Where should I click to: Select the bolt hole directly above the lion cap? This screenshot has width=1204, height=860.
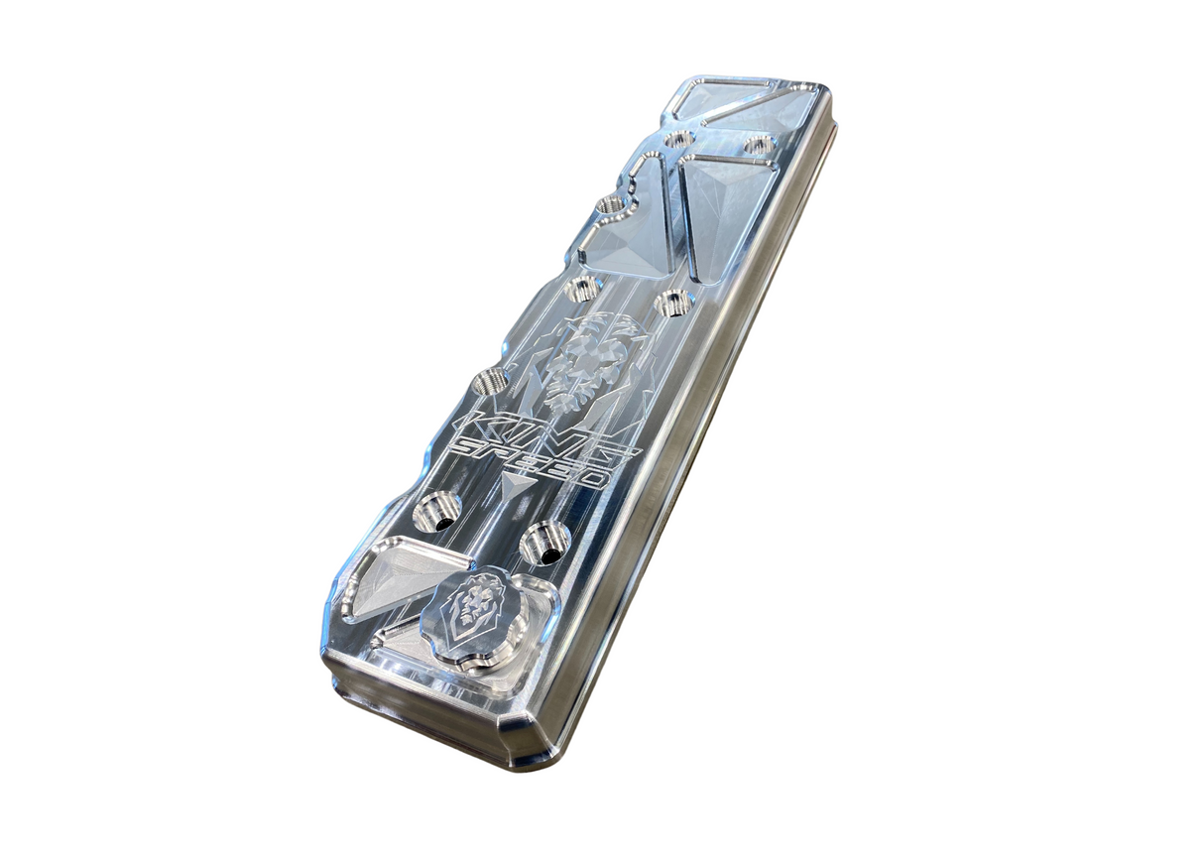coord(544,541)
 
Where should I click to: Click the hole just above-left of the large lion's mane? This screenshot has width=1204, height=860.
coord(583,290)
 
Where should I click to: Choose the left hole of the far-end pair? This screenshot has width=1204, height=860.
coord(679,139)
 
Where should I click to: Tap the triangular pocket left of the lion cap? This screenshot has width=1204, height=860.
coord(392,578)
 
